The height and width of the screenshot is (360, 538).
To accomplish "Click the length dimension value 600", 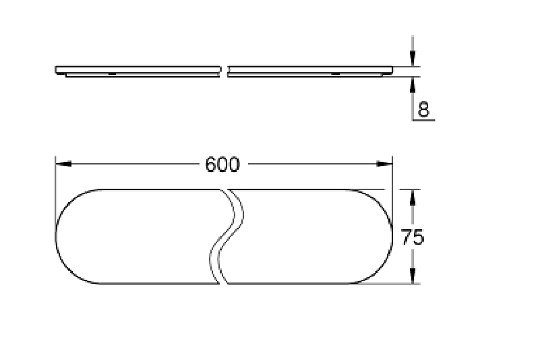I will click(x=222, y=164).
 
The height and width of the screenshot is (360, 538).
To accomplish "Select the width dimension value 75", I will click(x=412, y=237).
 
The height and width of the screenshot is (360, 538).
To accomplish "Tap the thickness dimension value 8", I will click(x=423, y=109).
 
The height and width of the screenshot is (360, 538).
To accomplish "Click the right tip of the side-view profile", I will click(x=393, y=69).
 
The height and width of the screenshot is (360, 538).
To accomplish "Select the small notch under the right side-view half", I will click(x=335, y=73).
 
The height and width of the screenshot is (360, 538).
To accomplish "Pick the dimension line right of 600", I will click(x=310, y=164).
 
